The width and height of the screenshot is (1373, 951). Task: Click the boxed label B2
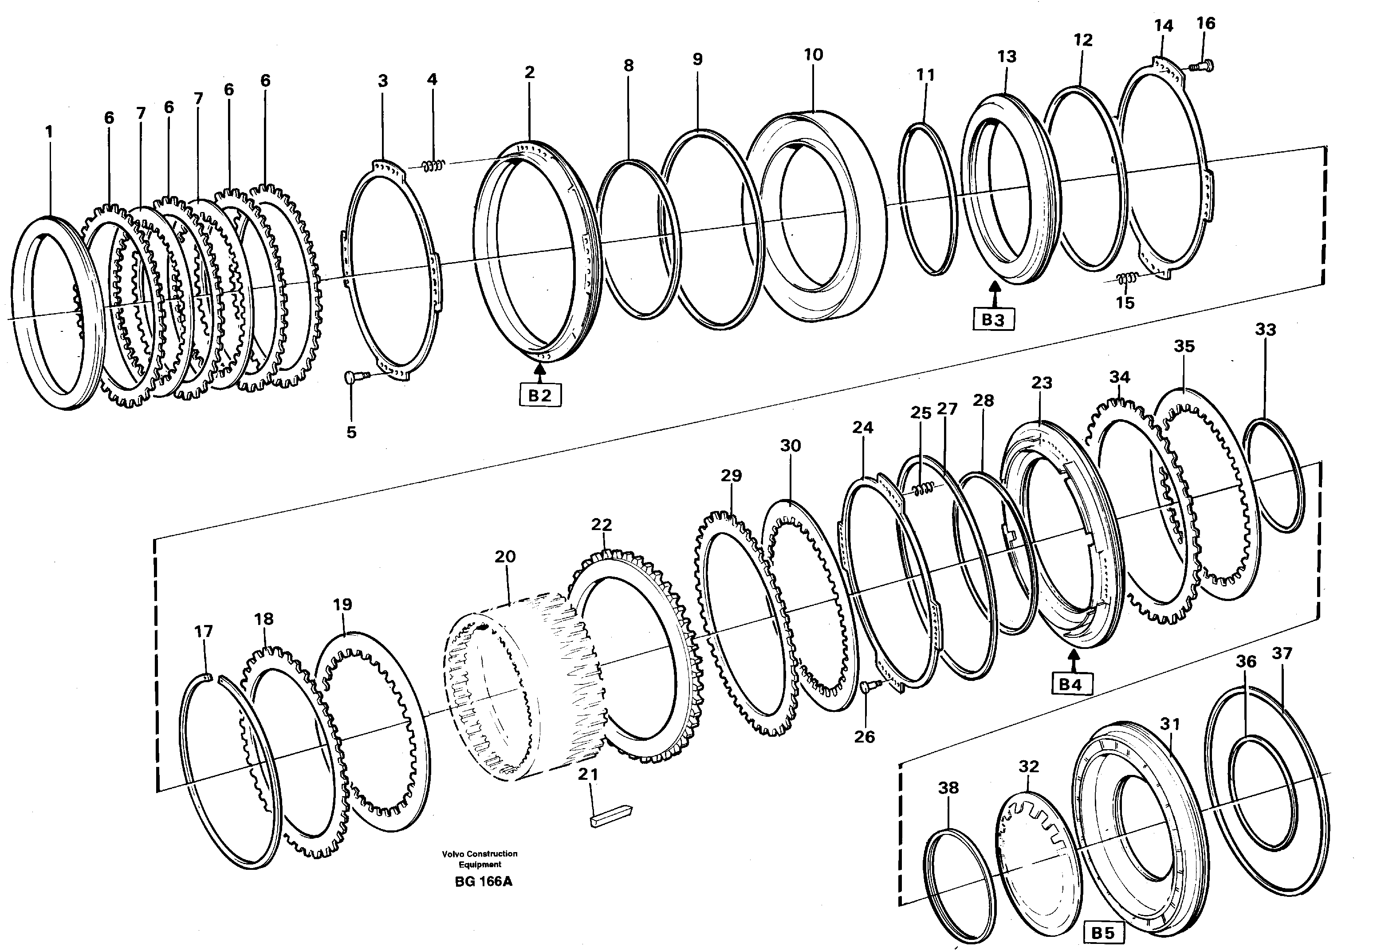coord(540,396)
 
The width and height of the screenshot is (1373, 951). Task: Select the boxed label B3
coord(993,320)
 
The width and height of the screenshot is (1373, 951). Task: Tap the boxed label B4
coord(1070,685)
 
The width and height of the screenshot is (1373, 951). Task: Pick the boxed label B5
coord(1102,932)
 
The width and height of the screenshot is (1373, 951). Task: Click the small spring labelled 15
coord(1126,278)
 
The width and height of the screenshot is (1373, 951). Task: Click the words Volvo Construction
coord(480,854)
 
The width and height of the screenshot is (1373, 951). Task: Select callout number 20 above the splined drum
coord(505,557)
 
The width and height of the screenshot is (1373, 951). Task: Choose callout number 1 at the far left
coord(49,132)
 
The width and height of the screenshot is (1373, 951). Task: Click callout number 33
coord(1265,330)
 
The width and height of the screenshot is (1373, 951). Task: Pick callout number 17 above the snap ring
coord(203,631)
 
